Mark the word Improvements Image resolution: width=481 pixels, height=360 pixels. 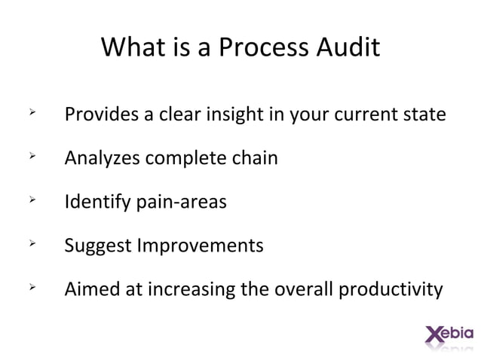(200, 246)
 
